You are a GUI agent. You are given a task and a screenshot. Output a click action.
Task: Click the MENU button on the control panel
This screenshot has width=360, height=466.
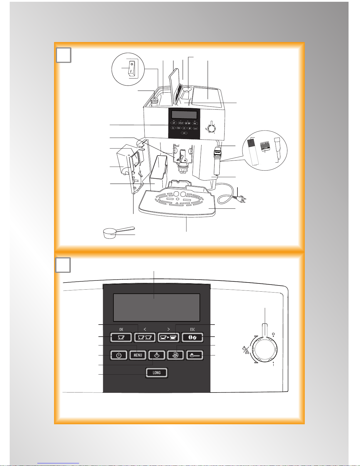pos(138,355)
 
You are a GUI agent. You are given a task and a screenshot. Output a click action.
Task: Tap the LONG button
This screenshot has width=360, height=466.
pos(157,373)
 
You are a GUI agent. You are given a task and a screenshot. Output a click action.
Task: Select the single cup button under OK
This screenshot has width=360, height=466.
pos(121,337)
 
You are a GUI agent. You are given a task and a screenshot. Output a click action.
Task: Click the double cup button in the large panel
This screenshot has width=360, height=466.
pos(145,337)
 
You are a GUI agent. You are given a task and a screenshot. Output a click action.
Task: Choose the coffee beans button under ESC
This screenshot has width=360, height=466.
pos(192,337)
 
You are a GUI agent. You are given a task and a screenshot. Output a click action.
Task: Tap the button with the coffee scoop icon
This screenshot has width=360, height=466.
pos(195,355)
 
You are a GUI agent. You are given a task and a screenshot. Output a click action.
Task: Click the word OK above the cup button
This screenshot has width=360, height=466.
pos(121,329)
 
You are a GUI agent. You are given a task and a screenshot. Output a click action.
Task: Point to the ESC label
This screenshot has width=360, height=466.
pos(192,329)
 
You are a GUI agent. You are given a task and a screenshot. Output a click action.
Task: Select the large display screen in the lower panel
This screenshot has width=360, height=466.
pos(156,307)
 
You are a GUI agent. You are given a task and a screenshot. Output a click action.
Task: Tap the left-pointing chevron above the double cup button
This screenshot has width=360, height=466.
pos(145,329)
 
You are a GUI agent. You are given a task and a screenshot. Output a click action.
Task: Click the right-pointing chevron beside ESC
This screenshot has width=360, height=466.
pos(168,329)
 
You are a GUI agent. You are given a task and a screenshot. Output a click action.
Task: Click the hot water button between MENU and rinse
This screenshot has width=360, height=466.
pos(156,355)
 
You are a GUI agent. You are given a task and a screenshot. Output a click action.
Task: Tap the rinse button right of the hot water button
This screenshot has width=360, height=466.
pos(175,355)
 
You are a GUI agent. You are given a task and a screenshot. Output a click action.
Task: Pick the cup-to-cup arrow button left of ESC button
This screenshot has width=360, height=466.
pos(168,337)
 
